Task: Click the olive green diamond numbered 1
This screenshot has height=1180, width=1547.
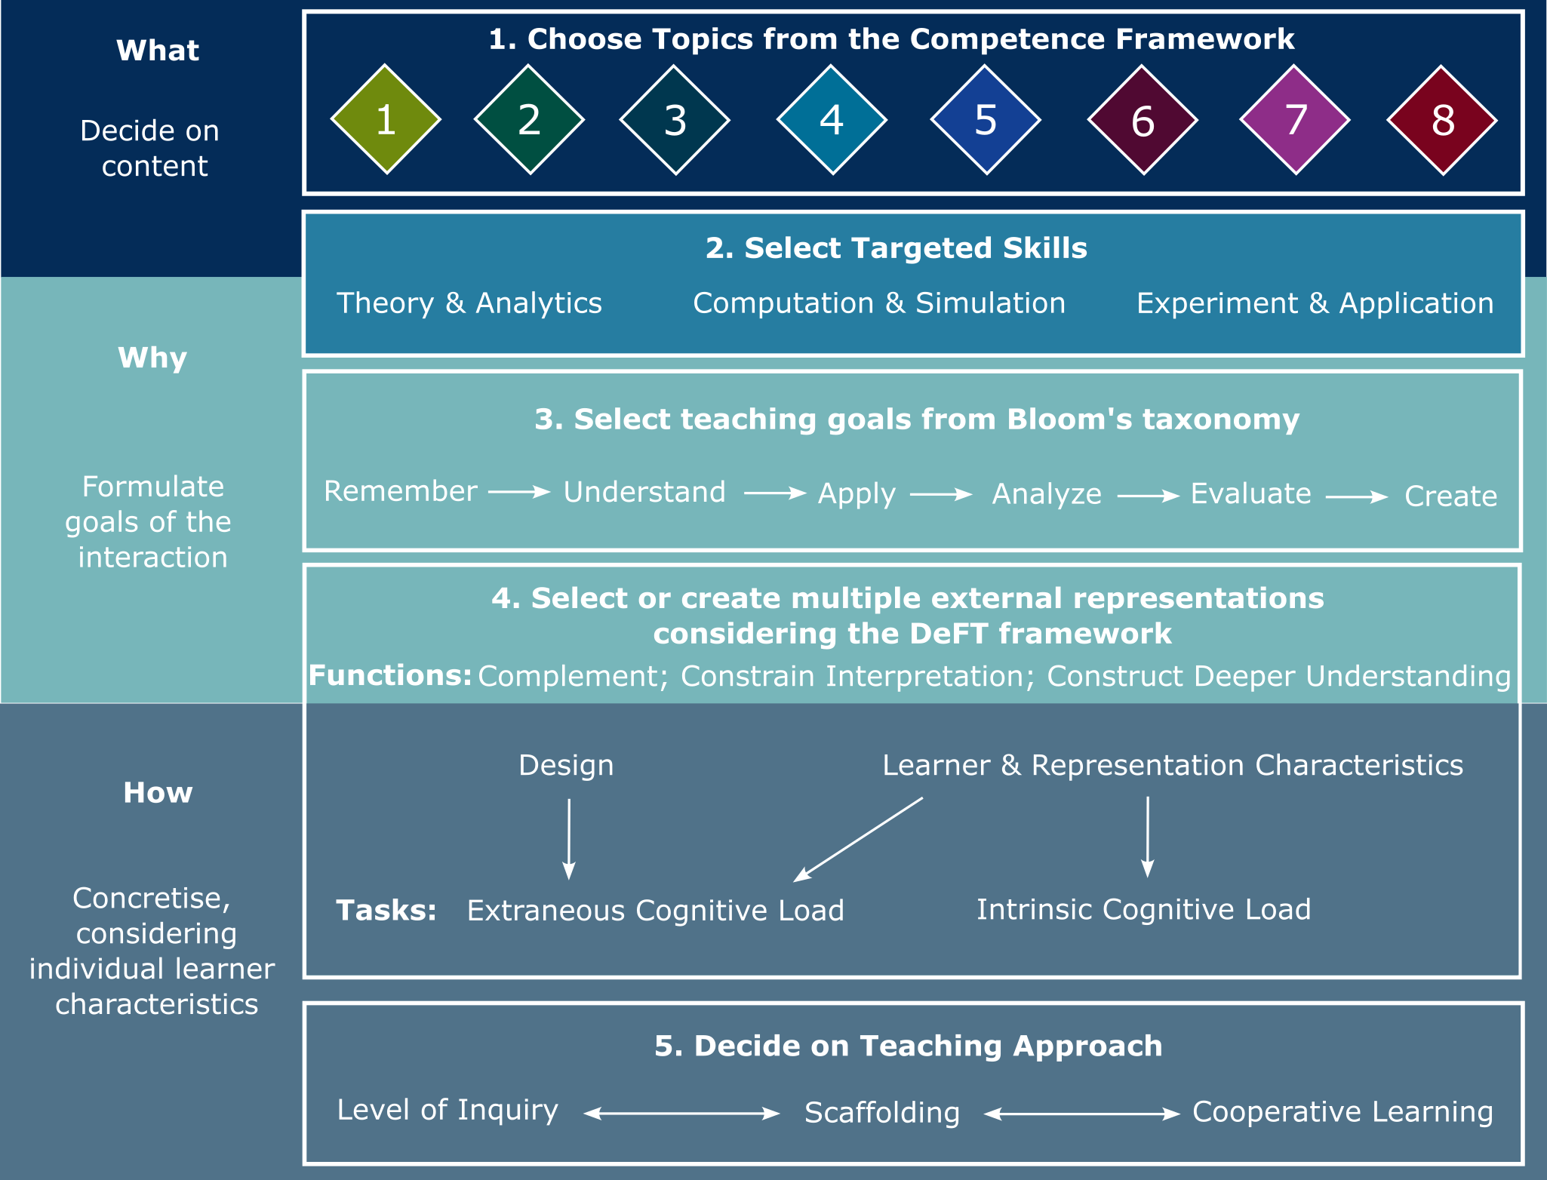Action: click(x=386, y=119)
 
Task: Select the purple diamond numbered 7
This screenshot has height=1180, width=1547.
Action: click(x=1295, y=119)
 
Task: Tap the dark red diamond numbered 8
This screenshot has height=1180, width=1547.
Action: click(x=1442, y=119)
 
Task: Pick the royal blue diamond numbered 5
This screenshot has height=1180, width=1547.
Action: click(x=986, y=119)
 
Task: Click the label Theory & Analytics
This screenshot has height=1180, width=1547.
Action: click(x=469, y=303)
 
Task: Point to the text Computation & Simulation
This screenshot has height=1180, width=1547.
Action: click(x=879, y=303)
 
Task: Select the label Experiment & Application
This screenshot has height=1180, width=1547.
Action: click(x=1315, y=303)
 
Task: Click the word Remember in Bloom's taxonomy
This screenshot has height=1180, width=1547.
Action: click(x=400, y=491)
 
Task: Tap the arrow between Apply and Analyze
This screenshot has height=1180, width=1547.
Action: click(x=941, y=495)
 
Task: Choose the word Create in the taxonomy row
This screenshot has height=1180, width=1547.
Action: click(x=1450, y=496)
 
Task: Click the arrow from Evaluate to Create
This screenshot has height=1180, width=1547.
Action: click(x=1357, y=497)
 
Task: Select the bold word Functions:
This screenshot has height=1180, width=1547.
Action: click(x=389, y=675)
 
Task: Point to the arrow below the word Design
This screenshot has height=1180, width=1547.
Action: click(x=569, y=838)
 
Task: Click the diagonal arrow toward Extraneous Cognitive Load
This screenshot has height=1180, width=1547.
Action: click(x=858, y=839)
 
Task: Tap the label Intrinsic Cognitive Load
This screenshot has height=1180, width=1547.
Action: click(x=1143, y=910)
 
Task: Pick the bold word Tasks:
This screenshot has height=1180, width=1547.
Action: click(x=386, y=911)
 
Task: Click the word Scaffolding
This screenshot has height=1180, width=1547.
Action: click(x=881, y=1113)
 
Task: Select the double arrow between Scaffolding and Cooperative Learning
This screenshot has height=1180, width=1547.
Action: click(x=1082, y=1114)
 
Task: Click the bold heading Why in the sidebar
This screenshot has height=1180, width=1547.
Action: click(x=152, y=358)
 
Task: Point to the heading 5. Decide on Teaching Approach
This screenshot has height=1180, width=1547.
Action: click(x=908, y=1046)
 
